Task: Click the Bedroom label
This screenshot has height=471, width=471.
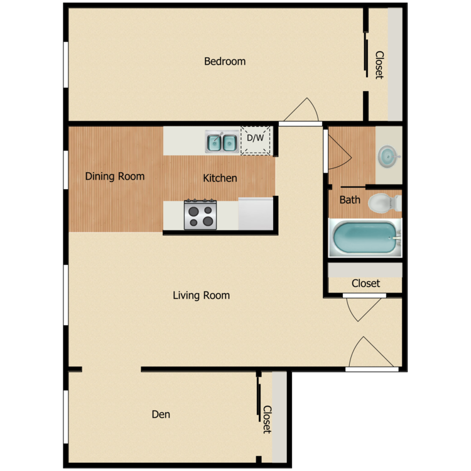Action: (x=225, y=62)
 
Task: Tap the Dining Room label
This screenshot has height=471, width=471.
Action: (x=115, y=176)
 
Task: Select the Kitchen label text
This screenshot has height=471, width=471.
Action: (x=220, y=178)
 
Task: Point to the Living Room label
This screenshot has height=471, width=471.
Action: (x=201, y=295)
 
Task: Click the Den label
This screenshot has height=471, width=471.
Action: (x=161, y=414)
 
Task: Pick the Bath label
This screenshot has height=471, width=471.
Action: (x=350, y=200)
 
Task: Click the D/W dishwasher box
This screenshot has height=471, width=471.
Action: (x=256, y=141)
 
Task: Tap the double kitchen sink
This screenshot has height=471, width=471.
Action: (x=222, y=142)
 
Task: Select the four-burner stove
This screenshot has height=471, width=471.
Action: (x=200, y=215)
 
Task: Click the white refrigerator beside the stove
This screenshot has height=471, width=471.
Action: (x=256, y=214)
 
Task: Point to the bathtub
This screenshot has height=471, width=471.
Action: (x=365, y=238)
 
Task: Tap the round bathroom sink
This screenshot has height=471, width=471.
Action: (x=388, y=156)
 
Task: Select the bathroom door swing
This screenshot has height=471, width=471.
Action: (x=336, y=151)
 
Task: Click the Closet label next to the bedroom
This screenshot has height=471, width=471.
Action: (x=379, y=65)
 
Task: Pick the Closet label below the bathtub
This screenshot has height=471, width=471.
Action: (x=365, y=283)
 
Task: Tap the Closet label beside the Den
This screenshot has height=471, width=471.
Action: (x=266, y=419)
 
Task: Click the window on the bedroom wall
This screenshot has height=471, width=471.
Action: (x=65, y=65)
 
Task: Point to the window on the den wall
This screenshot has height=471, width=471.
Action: (x=65, y=416)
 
